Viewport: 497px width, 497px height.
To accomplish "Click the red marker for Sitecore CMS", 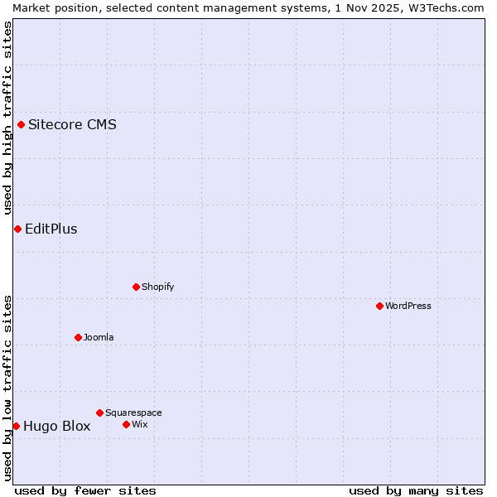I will pyautogui.click(x=22, y=125).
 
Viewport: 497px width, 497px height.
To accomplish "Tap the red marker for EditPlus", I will pyautogui.click(x=17, y=229).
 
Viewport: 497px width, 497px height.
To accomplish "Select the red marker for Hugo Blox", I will pyautogui.click(x=16, y=426).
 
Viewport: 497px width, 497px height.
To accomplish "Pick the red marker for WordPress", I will pyautogui.click(x=379, y=306).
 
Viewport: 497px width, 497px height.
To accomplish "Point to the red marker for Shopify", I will pyautogui.click(x=136, y=287).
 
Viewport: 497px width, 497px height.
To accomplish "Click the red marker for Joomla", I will pyautogui.click(x=78, y=337).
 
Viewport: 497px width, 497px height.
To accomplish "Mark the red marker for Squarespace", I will pyautogui.click(x=99, y=413).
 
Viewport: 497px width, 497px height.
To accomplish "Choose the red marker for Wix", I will pyautogui.click(x=126, y=424).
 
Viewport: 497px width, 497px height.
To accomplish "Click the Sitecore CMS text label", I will pyautogui.click(x=72, y=125).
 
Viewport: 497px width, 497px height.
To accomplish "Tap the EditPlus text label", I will pyautogui.click(x=51, y=229).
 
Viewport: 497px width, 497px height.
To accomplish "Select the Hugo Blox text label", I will pyautogui.click(x=56, y=427).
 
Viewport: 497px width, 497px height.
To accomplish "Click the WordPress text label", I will pyautogui.click(x=408, y=306).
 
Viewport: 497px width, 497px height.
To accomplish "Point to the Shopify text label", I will pyautogui.click(x=157, y=287).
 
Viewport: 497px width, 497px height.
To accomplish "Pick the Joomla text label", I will pyautogui.click(x=99, y=337).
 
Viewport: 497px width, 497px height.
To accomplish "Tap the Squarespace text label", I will pyautogui.click(x=133, y=413).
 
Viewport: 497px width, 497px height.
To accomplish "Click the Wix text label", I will pyautogui.click(x=139, y=424).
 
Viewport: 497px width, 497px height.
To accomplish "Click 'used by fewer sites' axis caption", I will pyautogui.click(x=85, y=490).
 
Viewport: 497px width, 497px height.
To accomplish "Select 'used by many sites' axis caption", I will pyautogui.click(x=416, y=490).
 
